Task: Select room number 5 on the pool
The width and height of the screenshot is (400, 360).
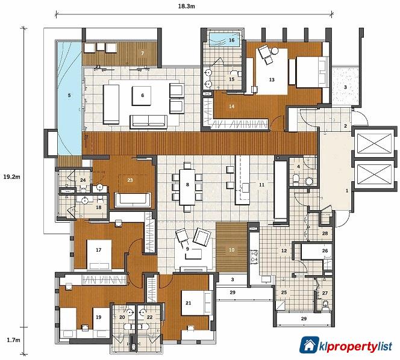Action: tap(69, 95)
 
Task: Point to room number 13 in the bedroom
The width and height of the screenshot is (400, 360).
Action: tap(272, 79)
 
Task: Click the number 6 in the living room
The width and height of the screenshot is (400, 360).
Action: tap(142, 95)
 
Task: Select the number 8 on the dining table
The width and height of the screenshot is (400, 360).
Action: tap(188, 185)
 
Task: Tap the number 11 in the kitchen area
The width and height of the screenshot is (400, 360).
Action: tap(261, 184)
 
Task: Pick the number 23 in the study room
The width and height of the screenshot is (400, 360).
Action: tap(129, 178)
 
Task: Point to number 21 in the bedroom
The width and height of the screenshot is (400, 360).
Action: tap(188, 303)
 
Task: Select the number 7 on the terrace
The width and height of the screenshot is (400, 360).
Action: tap(142, 54)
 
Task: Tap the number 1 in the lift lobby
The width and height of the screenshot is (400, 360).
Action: tap(346, 190)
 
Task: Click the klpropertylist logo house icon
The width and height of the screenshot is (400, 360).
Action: tap(309, 345)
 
